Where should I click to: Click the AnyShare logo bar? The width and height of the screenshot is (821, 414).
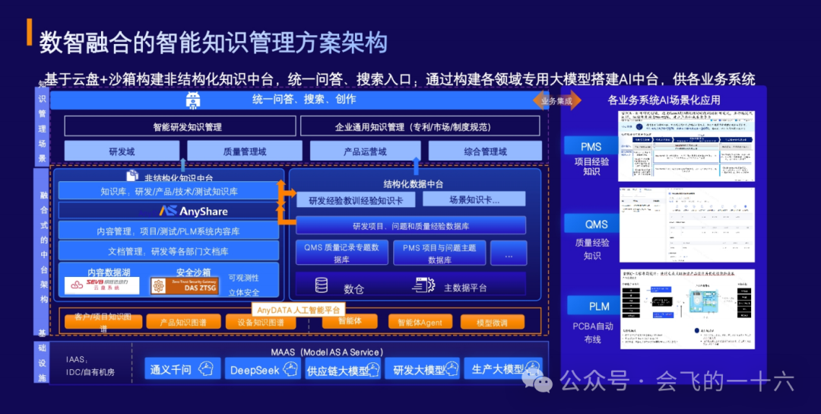click(167, 211)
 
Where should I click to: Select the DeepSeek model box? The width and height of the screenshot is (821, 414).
click(262, 369)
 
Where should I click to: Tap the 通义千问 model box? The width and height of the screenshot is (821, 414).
click(182, 369)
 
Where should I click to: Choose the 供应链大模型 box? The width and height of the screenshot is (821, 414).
click(341, 370)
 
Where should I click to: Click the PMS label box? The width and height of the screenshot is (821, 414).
click(591, 147)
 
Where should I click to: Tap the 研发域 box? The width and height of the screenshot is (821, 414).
click(122, 151)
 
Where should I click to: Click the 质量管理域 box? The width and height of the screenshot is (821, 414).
click(245, 151)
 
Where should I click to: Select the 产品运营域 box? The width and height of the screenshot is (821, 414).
click(366, 151)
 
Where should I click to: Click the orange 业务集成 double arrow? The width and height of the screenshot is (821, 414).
click(556, 100)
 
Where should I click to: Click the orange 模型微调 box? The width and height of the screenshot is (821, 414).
click(492, 322)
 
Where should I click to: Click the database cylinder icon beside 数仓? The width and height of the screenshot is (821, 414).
click(322, 285)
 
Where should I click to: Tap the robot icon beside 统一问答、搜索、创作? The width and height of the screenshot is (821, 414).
click(192, 100)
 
